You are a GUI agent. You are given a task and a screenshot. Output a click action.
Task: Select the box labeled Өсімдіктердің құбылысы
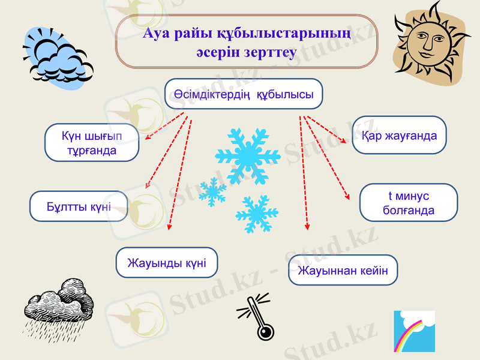[x=244, y=94]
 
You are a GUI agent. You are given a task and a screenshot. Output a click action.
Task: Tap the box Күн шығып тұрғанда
[x=92, y=143]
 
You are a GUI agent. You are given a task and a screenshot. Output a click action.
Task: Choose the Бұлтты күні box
[x=79, y=206]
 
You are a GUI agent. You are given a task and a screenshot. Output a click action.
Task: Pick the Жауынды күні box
[x=166, y=262]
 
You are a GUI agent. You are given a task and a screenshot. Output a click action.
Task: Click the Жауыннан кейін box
[x=343, y=270]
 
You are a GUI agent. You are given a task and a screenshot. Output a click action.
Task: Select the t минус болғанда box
[x=408, y=203]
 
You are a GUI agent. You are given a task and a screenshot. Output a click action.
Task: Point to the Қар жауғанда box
[x=400, y=136]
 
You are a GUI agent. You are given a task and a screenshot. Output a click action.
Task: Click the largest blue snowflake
[x=247, y=155]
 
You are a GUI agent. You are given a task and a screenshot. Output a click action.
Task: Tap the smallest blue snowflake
[x=212, y=192]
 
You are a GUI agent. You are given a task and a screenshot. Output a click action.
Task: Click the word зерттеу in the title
[x=270, y=53]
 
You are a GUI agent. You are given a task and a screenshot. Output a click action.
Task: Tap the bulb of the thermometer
[x=265, y=331]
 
